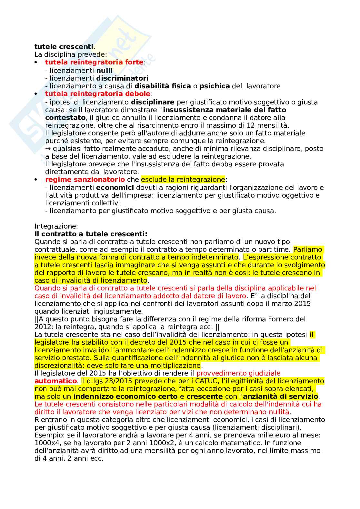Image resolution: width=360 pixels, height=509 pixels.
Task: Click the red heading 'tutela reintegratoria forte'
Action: coord(94,62)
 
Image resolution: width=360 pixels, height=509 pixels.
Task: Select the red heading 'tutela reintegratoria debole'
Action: coord(97,94)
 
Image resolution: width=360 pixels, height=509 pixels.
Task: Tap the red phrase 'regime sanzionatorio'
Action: coord(85,180)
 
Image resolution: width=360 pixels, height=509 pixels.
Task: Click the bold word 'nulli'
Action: coord(105,71)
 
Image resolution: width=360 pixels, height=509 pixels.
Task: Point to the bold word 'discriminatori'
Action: coord(122,78)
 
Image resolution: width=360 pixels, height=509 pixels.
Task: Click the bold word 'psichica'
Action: coord(215,86)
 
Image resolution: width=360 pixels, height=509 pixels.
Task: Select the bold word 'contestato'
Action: coord(65,118)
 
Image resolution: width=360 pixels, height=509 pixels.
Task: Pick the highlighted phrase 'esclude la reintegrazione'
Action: coord(183,180)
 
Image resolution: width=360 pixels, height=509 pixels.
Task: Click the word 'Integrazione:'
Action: coord(56,226)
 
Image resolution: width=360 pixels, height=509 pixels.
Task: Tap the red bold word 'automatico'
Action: coord(55,381)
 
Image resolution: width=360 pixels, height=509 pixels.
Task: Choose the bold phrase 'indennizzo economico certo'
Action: coord(125,396)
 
